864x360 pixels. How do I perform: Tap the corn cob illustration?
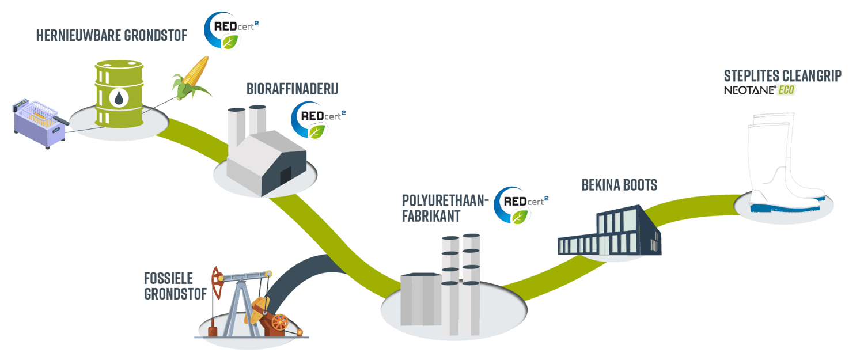[x=190, y=78]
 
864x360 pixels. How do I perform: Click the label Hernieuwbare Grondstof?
[x=112, y=36]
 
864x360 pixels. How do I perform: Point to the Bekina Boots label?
[x=619, y=185]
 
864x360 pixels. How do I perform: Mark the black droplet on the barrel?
[x=119, y=98]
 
